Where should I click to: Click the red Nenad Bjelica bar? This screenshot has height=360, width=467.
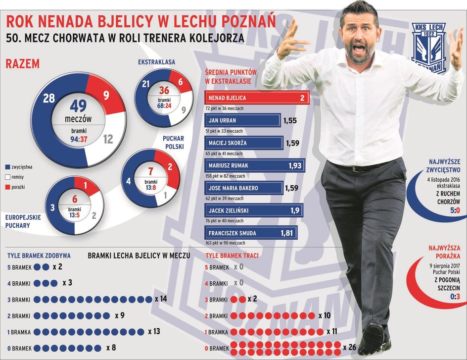click(x=257, y=98)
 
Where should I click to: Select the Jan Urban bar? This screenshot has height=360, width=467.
click(x=242, y=120)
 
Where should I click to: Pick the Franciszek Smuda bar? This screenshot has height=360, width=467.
click(x=250, y=233)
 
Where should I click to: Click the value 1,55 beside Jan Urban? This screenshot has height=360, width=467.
click(x=291, y=120)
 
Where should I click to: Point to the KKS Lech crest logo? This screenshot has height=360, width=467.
click(x=428, y=47)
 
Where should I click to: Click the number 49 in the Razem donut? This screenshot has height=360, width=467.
click(x=79, y=106)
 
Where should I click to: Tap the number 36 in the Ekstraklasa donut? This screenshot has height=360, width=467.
click(x=164, y=91)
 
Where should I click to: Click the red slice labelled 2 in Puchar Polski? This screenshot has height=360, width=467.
click(x=170, y=167)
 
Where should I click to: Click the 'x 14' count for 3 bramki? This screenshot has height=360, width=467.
click(x=161, y=299)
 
